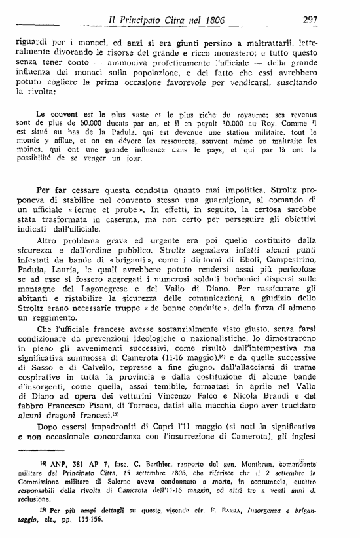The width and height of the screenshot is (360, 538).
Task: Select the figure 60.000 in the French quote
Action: point(96,120)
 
